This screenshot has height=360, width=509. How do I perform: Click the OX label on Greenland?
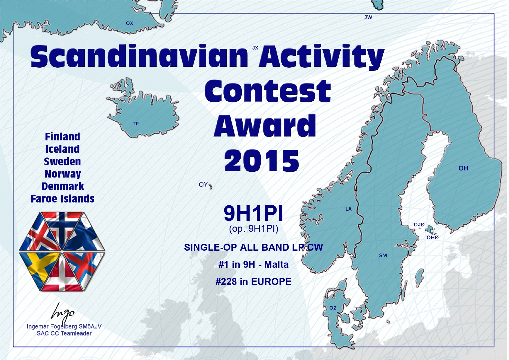[x=129, y=23]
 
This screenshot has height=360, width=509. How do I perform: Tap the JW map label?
[x=368, y=17]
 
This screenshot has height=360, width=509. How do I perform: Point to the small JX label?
[x=255, y=48]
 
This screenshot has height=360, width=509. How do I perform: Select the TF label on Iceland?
[x=136, y=124]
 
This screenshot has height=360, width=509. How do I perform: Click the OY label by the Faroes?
[x=203, y=184]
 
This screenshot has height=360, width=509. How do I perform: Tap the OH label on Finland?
[x=463, y=168]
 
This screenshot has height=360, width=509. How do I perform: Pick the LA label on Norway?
[x=349, y=209]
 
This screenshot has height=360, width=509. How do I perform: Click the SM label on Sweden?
[x=383, y=255]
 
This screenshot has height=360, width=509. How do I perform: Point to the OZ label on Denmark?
[x=333, y=308]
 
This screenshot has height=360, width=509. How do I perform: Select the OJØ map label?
[x=419, y=225]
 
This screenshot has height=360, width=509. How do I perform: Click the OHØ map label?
[x=432, y=237]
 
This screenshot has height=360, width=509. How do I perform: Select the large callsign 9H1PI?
[x=253, y=213]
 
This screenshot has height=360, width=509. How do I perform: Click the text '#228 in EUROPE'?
[x=253, y=281]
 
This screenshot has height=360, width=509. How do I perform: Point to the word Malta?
[x=276, y=265]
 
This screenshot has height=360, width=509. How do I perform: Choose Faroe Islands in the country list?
[x=63, y=199]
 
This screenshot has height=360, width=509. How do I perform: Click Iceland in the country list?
[x=62, y=149]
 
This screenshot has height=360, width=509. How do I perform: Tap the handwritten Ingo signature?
[x=63, y=313]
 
